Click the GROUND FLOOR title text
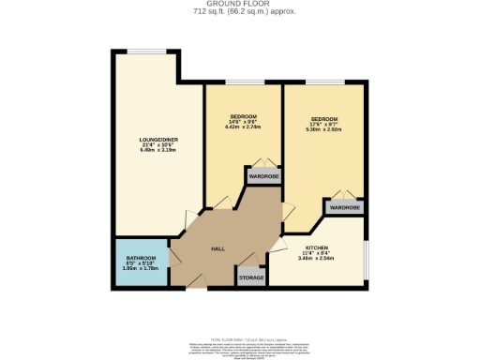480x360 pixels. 239,5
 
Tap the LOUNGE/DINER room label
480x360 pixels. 158,140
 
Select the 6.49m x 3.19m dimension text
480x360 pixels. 158,150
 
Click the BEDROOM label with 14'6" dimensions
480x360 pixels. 243,117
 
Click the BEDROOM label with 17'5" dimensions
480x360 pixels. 323,119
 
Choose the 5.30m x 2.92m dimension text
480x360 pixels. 323,130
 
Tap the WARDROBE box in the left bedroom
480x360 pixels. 263,176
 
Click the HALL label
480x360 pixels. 217,248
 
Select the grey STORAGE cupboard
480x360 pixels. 250,278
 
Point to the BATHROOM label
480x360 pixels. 142,258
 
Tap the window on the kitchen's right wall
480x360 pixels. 366,253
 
